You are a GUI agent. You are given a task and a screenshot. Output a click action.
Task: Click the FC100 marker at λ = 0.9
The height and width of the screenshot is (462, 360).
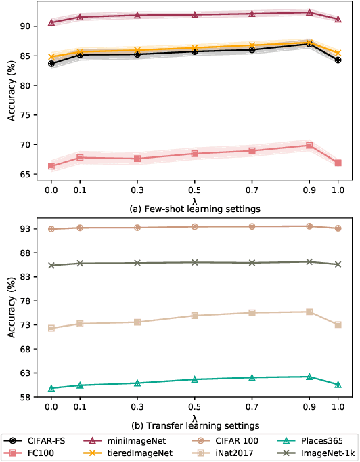point(309,145)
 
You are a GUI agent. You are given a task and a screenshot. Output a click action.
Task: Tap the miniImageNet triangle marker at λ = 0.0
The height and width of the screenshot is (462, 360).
point(51,22)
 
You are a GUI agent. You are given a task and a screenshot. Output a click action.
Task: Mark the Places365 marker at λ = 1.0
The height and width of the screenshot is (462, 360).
point(338,384)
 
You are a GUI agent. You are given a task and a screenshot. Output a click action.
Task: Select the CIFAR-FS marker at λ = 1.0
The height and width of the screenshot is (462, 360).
point(338,60)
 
